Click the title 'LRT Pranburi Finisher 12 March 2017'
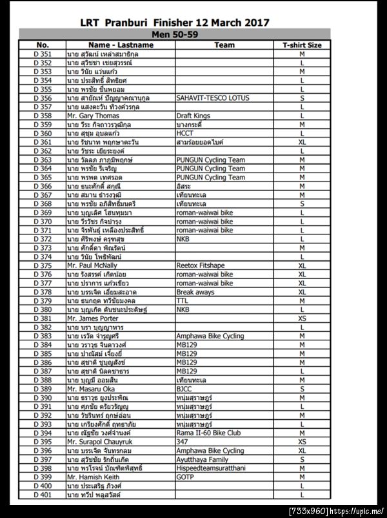click(x=193, y=23)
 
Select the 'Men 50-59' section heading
click(x=174, y=34)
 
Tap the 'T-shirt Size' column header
click(x=302, y=45)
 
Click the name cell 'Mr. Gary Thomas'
click(x=93, y=116)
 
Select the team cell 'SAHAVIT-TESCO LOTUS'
click(x=212, y=98)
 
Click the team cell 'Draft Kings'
click(x=193, y=116)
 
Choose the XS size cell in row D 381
click(x=302, y=318)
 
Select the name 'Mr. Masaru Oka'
click(x=91, y=389)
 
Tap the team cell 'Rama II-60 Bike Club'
click(x=208, y=433)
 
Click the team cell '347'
click(x=182, y=442)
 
